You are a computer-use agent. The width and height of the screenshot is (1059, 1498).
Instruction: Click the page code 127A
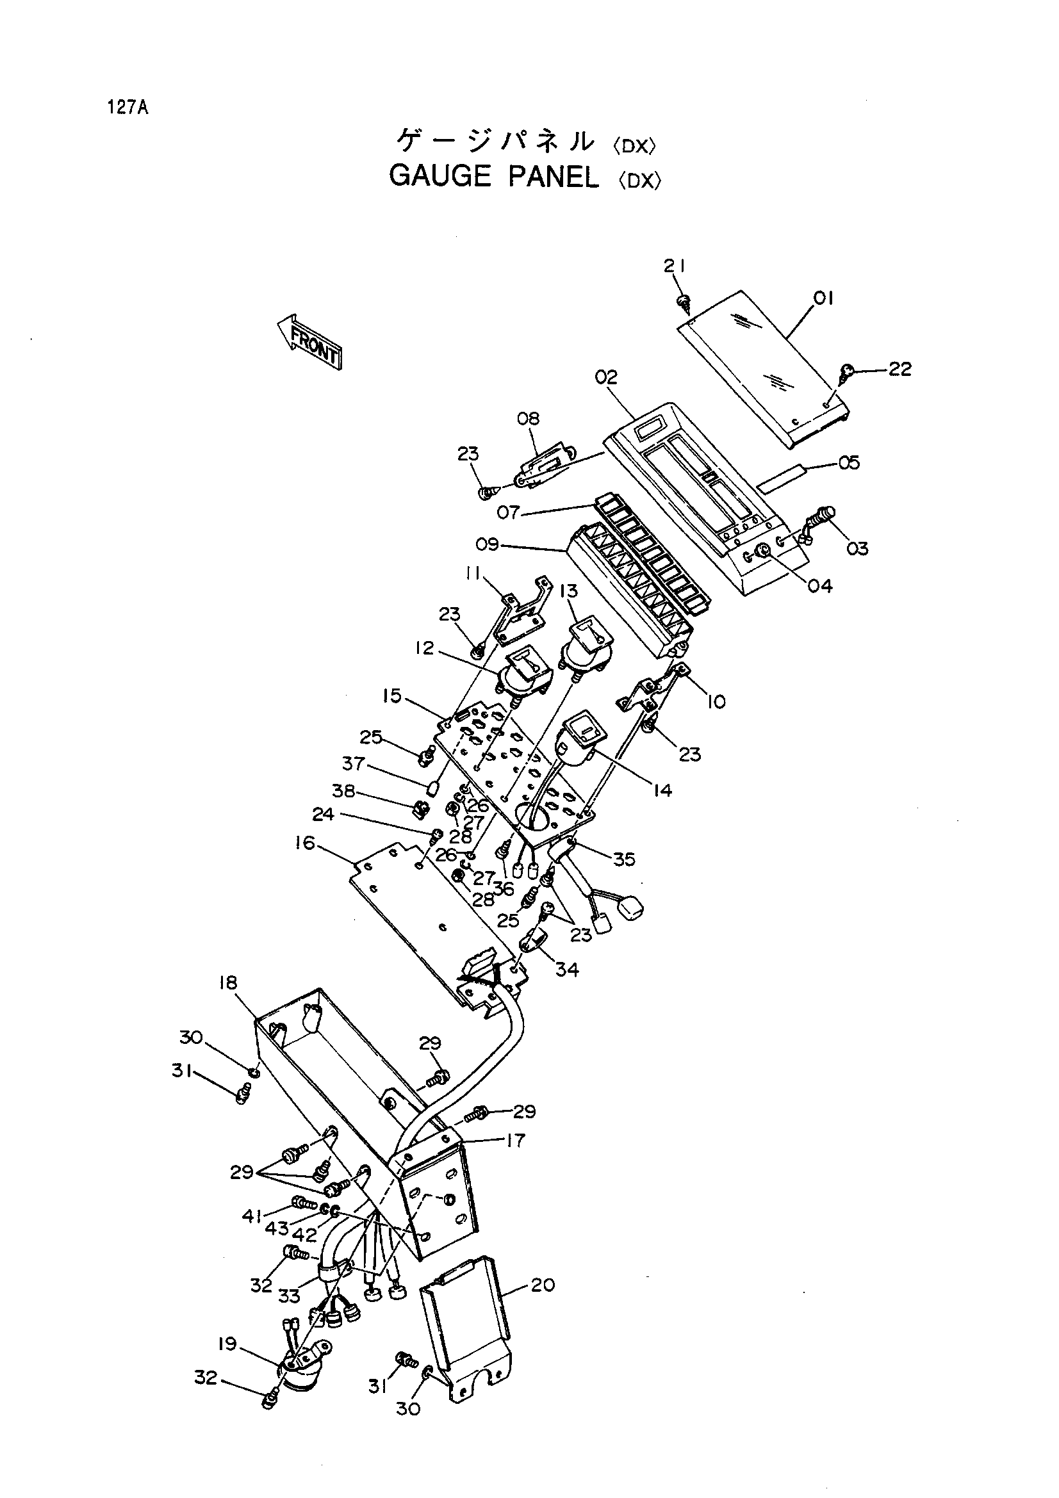point(129,108)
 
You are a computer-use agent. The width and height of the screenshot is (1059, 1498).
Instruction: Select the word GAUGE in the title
point(439,176)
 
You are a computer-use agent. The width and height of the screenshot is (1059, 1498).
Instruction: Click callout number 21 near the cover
point(675,266)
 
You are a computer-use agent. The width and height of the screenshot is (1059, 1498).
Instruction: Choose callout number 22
point(899,369)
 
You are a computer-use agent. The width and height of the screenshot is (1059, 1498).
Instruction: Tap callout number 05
point(849,462)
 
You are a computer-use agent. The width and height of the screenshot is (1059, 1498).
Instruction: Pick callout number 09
point(487,544)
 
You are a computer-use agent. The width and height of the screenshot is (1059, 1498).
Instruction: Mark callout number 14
point(662,790)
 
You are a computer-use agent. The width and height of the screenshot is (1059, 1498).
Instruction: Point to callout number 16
point(304,843)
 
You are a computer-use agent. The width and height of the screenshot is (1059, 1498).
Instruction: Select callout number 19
point(227,1346)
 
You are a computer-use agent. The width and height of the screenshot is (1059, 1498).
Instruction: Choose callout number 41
point(252,1216)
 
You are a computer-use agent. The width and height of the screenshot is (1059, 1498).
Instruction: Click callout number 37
point(354,763)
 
